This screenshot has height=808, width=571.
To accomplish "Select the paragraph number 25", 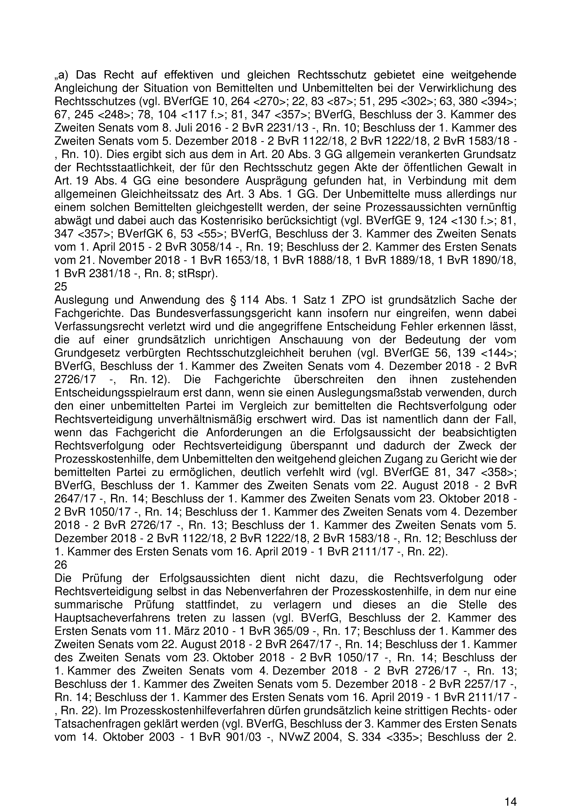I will point(61,287).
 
